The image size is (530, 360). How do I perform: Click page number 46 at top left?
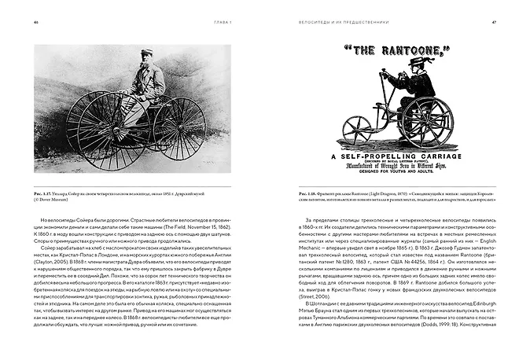[x=37, y=21]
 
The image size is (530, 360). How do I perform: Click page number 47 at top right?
[x=493, y=21]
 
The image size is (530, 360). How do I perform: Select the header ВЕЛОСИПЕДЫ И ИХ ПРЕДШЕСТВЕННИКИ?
[x=341, y=21]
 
